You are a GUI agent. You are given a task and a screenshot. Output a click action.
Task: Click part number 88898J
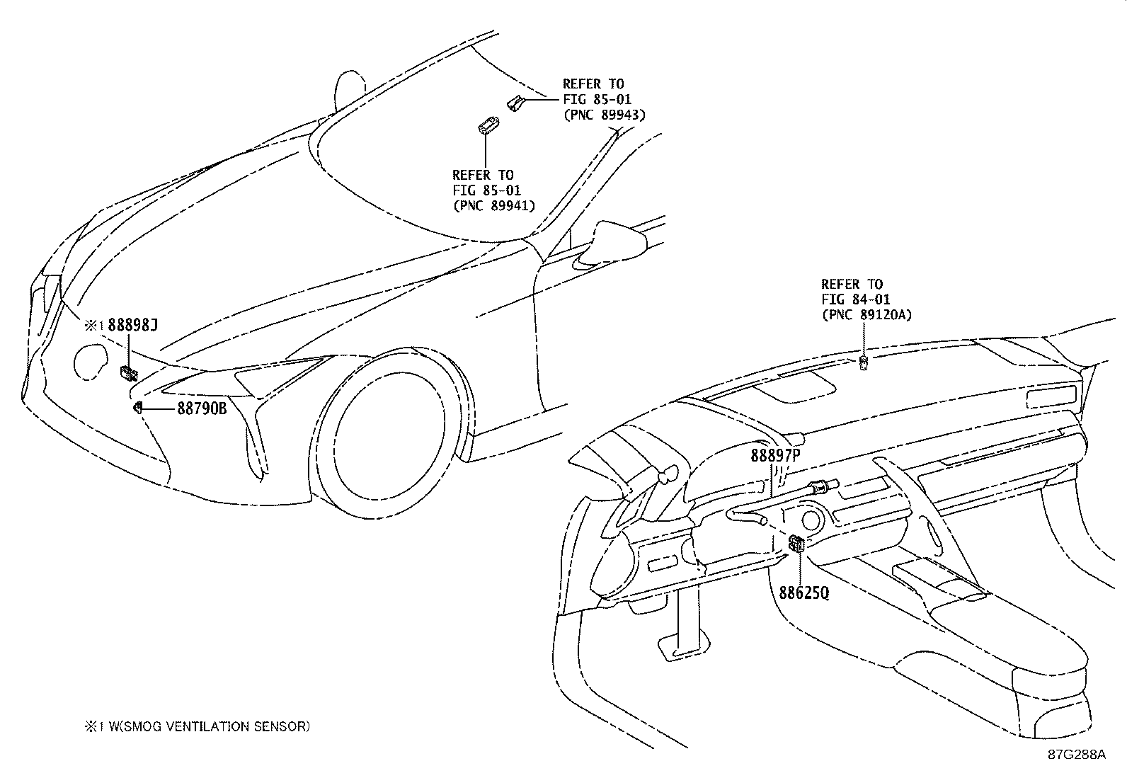[x=132, y=326]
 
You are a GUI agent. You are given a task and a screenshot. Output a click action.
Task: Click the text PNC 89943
[x=604, y=115]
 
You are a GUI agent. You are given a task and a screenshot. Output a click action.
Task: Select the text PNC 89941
[x=493, y=205]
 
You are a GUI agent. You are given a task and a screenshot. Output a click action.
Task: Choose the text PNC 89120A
[x=866, y=315]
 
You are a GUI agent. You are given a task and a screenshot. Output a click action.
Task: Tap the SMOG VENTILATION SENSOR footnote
[x=197, y=726]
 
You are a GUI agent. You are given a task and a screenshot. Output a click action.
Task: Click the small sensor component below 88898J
[x=129, y=372]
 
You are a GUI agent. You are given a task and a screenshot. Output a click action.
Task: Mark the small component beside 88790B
[x=139, y=407]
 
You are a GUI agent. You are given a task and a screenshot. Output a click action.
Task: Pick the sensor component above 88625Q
[x=796, y=544]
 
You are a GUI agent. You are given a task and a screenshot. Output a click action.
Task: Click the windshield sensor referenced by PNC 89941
[x=486, y=126]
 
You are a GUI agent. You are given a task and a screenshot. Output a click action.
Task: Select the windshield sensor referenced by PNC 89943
[x=515, y=103]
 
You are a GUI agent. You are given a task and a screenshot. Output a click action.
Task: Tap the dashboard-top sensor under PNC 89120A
[x=863, y=364]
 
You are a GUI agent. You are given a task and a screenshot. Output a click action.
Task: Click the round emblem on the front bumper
[x=91, y=362]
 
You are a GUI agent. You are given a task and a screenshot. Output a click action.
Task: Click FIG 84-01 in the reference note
[x=855, y=299]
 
